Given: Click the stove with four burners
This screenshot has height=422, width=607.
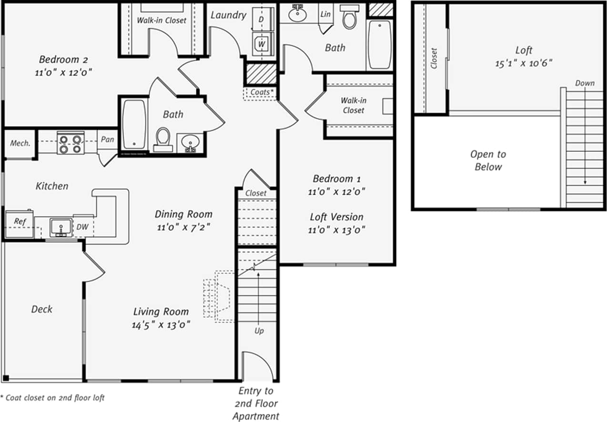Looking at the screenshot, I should [x=71, y=143].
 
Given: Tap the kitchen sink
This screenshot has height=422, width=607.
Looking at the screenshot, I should [x=61, y=227].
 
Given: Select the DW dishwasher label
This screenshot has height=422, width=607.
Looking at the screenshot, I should [x=82, y=227].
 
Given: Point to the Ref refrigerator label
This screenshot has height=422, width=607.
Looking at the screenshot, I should [x=20, y=222].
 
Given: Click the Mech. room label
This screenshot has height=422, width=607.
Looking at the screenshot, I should [x=20, y=143].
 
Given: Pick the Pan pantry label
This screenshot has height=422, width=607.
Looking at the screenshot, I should [x=108, y=139].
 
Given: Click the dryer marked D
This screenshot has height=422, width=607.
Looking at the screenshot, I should [x=261, y=19].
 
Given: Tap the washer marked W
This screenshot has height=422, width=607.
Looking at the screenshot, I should [x=262, y=43].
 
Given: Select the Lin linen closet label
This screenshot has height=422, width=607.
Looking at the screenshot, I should [x=326, y=14].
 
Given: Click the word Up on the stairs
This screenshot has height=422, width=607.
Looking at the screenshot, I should [x=259, y=331].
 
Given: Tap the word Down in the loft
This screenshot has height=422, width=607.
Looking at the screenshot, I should [x=585, y=83].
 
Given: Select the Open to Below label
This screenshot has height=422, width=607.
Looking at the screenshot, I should [x=488, y=160].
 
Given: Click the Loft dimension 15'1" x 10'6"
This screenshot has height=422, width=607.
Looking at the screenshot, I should [x=524, y=63].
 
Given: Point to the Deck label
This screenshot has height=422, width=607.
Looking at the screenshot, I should [x=42, y=309].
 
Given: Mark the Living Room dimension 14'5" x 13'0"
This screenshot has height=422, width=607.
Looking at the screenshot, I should [x=162, y=325].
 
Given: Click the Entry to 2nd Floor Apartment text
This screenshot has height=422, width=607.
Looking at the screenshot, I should [x=256, y=403].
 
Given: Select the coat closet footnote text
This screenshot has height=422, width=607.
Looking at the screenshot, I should [x=52, y=398].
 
